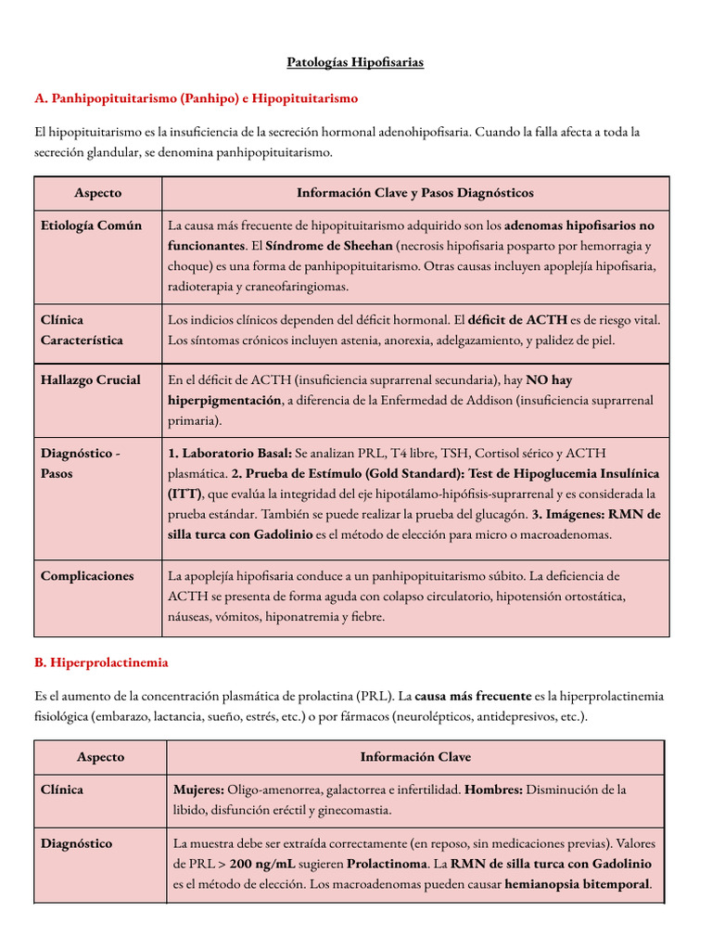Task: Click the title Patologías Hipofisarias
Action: pos(355,62)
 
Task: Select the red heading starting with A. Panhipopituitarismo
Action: pos(196,97)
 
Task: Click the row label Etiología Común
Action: pos(91,225)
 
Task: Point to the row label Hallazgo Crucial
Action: pos(91,379)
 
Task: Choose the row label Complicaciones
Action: pos(87,576)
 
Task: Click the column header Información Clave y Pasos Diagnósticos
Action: pos(414,193)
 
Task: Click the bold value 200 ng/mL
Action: pos(266,864)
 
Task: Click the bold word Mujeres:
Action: pos(198,790)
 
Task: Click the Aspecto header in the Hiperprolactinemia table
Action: pos(100,757)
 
